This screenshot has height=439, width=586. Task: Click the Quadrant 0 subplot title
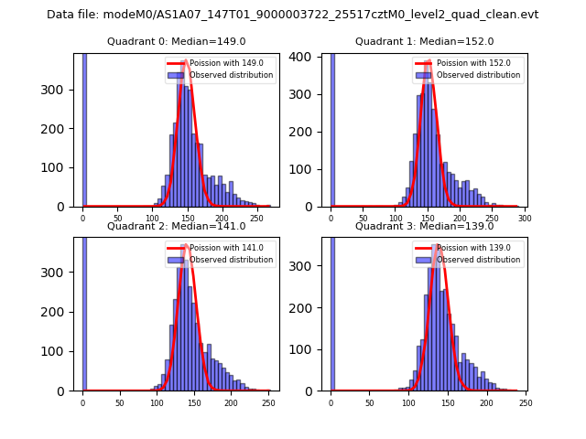176,41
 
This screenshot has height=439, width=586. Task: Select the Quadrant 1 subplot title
424,41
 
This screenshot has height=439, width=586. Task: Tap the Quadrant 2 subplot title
176,226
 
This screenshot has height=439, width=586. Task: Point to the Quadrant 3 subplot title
424,226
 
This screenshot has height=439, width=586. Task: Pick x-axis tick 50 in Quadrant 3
369,402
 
